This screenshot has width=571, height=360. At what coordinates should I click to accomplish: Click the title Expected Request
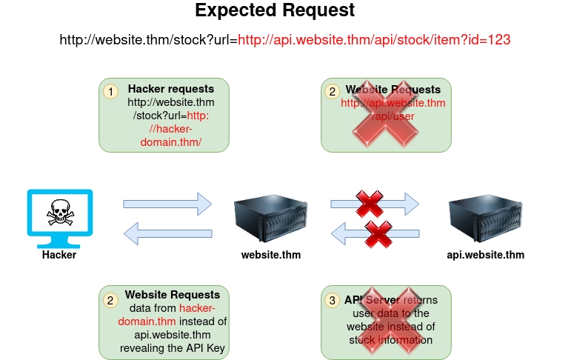[275, 11]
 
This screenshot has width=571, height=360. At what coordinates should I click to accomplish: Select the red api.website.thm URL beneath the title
[374, 40]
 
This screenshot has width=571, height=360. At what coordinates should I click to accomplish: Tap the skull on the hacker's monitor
[60, 213]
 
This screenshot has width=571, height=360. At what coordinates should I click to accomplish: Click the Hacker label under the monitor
[59, 255]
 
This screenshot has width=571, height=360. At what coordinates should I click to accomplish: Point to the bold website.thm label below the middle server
[271, 255]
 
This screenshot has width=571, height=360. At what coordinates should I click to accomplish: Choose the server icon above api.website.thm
[486, 216]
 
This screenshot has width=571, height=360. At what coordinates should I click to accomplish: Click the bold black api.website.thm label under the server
[485, 255]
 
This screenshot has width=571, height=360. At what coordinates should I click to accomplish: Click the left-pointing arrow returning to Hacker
[167, 235]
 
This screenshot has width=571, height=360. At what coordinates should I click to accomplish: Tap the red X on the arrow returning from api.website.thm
[378, 234]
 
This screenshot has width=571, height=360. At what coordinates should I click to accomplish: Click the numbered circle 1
[110, 92]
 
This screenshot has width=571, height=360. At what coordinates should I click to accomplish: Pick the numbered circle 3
[333, 300]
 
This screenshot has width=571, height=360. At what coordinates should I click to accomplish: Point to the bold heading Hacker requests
[171, 89]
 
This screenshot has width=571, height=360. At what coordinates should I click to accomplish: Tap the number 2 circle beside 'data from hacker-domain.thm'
[110, 300]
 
